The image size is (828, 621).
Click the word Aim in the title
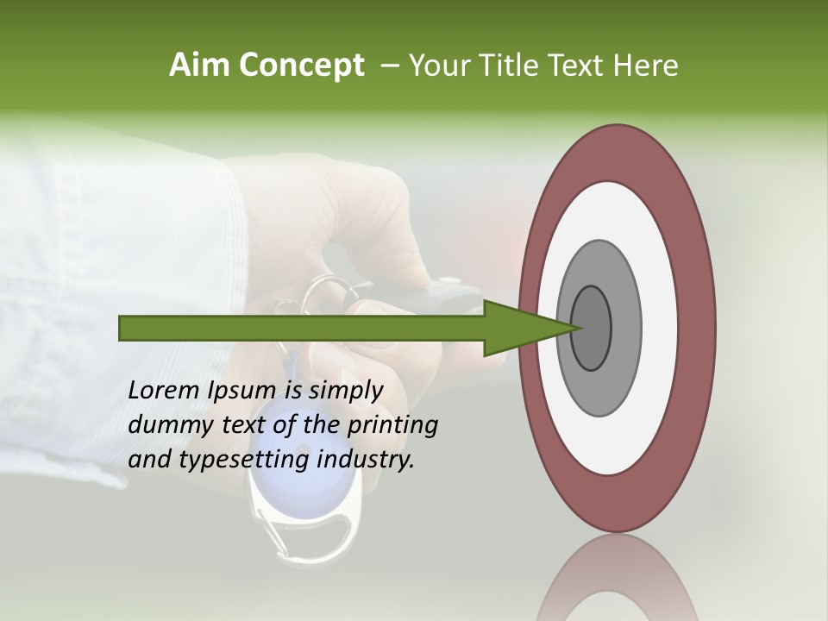click(x=198, y=66)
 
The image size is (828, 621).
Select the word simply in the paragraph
click(x=345, y=391)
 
